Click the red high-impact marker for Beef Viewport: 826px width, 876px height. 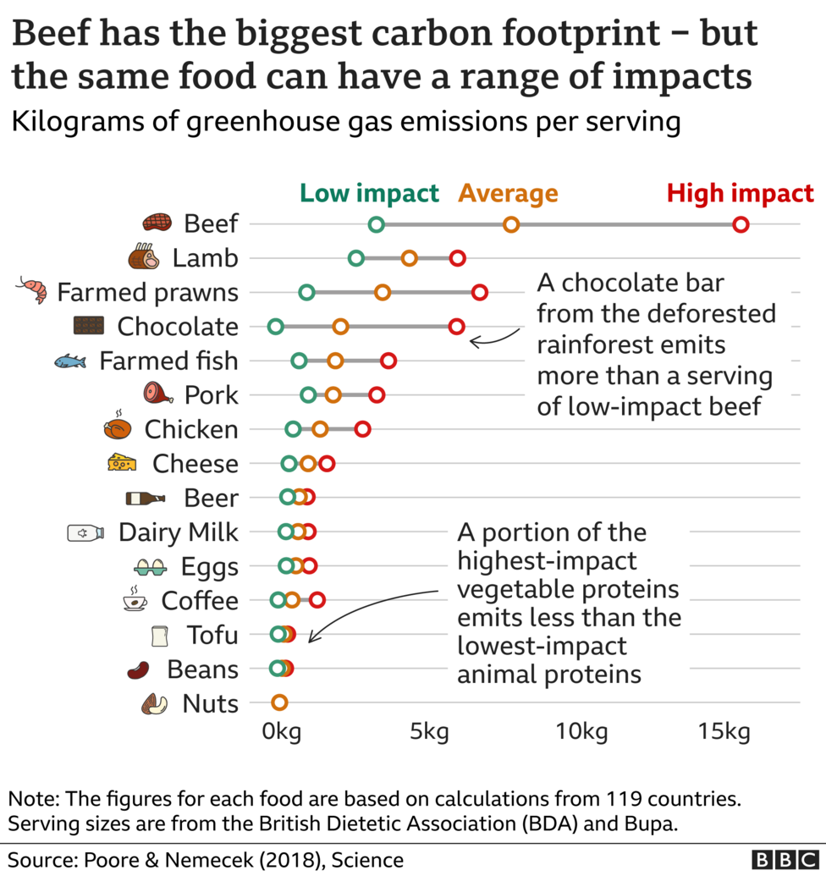741,224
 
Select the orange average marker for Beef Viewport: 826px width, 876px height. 511,224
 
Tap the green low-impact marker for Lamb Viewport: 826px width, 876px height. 356,258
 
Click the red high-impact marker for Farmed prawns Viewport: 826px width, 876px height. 480,293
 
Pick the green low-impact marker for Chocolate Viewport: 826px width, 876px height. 275,327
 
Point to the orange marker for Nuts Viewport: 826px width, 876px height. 279,702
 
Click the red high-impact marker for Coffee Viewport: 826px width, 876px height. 317,600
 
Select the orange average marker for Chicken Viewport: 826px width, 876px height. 320,429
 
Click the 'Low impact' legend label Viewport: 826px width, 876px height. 370,193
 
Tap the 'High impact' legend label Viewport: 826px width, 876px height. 740,193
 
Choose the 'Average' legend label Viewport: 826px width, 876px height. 508,193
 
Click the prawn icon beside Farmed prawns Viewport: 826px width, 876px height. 32,290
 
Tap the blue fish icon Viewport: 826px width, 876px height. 70,361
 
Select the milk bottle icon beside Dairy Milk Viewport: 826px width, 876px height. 85,532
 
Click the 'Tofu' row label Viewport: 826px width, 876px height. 212,635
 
